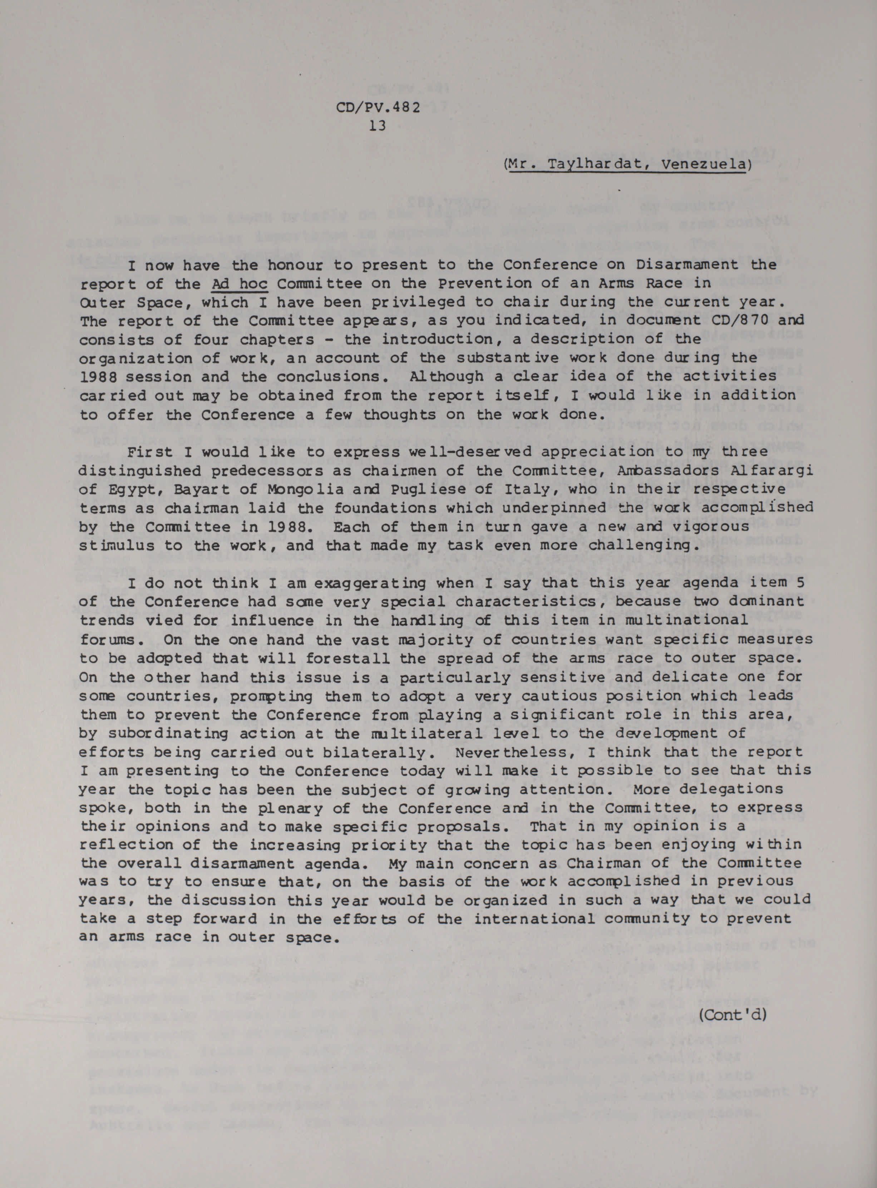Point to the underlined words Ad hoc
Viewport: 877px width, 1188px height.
[x=240, y=284]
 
